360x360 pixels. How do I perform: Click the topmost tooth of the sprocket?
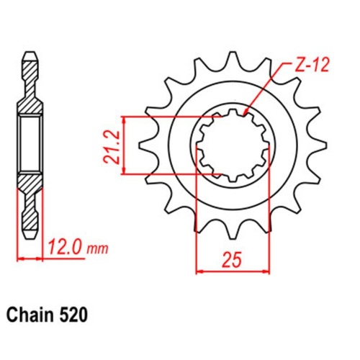(x=232, y=59)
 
